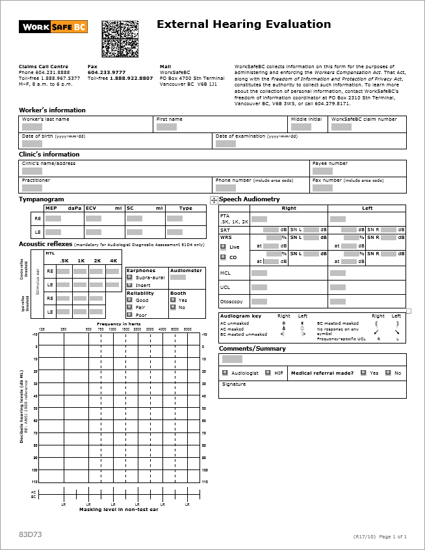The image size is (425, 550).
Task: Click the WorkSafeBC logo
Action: (53, 27)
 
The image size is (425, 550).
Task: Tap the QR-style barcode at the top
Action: (120, 38)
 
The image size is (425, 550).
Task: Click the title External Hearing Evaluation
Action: (244, 25)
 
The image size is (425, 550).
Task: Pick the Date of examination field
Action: (225, 144)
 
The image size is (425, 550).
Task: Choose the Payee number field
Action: (322, 171)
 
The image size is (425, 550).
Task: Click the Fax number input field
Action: (322, 188)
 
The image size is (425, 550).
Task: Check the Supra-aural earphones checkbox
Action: (129, 277)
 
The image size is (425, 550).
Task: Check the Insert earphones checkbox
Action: (129, 285)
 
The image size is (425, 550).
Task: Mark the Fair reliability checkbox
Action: (129, 308)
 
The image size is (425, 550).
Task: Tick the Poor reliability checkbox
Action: (129, 315)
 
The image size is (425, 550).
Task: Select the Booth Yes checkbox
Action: (173, 300)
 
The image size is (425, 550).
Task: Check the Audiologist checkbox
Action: (225, 373)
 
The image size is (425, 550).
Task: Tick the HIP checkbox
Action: (268, 373)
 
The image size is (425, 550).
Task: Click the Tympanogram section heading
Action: (42, 199)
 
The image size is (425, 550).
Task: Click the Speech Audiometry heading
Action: (250, 199)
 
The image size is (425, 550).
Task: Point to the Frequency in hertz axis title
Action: (119, 323)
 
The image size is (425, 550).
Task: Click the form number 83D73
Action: (31, 534)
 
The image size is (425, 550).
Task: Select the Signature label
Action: (234, 384)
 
